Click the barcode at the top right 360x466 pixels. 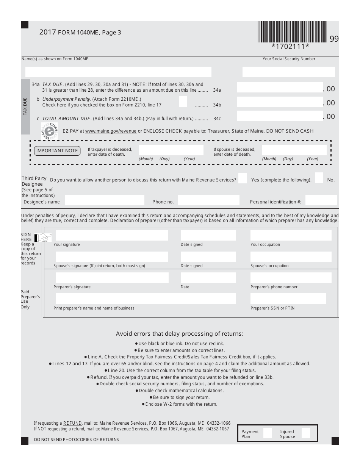click(292, 32)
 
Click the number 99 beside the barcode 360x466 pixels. click(334, 39)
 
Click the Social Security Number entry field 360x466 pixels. click(288, 72)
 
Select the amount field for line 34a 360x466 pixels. click(280, 88)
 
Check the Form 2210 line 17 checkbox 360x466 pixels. click(183, 102)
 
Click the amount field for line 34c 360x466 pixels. click(280, 116)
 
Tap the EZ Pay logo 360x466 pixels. click(50, 131)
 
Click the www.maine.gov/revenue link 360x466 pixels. click(111, 131)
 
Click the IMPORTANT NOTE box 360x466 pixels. click(57, 151)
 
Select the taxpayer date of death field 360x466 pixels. click(171, 150)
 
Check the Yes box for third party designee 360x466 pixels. click(243, 178)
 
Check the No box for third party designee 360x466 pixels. click(319, 178)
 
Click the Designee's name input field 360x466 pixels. click(105, 200)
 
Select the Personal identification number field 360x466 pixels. click(321, 200)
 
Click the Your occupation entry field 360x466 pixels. click(291, 235)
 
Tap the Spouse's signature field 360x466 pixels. click(112, 257)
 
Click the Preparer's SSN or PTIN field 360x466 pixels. click(288, 299)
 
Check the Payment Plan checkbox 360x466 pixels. click(267, 433)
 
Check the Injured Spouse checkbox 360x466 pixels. click(305, 433)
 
